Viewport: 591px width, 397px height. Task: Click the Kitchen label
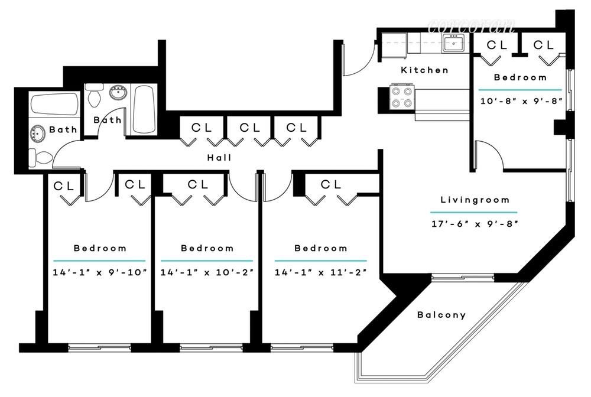[424, 70]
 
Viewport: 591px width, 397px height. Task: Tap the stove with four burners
[401, 97]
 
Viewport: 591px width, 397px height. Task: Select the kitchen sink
[454, 42]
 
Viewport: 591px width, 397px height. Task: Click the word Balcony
[441, 315]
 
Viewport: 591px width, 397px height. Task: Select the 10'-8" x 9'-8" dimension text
[520, 100]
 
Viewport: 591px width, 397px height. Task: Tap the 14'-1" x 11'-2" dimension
[320, 272]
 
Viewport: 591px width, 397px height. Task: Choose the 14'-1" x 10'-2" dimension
[207, 272]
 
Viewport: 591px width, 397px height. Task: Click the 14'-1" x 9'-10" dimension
[100, 272]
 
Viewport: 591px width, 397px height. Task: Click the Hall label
[219, 158]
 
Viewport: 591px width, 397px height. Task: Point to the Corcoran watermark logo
[471, 25]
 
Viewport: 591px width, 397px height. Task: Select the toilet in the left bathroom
[40, 157]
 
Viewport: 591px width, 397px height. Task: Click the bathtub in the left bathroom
[54, 105]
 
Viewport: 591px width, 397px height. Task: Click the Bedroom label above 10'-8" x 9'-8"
[520, 77]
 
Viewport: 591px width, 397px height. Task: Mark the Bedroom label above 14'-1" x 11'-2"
[320, 248]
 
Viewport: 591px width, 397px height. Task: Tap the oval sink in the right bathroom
[118, 92]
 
